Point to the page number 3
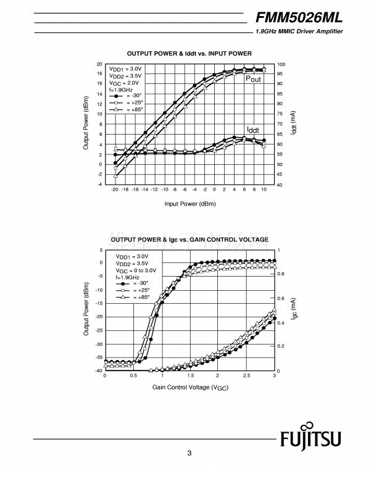(x=190, y=454)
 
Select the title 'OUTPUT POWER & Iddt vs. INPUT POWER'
(x=188, y=54)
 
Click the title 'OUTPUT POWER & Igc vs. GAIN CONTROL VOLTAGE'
(x=189, y=239)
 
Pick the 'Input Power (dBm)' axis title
(x=188, y=203)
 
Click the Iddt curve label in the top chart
(x=253, y=130)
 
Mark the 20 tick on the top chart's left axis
(x=99, y=64)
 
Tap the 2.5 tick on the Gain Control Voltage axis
(x=246, y=375)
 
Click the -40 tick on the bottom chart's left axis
(x=98, y=370)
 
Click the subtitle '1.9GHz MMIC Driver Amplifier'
(x=299, y=31)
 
